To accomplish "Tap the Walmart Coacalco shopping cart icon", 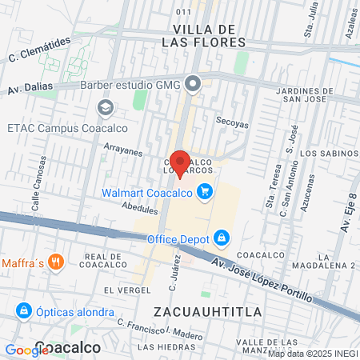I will click(206, 192).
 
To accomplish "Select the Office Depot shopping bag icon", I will click(222, 238).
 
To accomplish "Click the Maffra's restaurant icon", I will click(55, 262).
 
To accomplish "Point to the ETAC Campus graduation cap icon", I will click(105, 107).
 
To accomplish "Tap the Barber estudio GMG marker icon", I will click(193, 84).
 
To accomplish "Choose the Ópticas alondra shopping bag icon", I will click(24, 310).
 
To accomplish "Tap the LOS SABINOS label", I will click(328, 152).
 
